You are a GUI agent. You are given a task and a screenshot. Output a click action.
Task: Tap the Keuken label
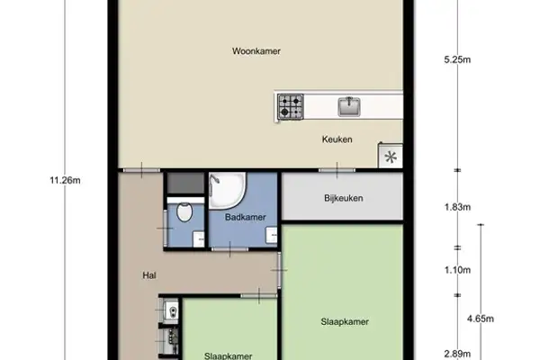pos(337,139)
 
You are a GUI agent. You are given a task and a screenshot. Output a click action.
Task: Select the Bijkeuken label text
pos(343,198)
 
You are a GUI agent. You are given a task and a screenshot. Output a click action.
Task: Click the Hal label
pos(149,276)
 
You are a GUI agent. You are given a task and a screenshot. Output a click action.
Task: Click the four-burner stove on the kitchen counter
pos(290,107)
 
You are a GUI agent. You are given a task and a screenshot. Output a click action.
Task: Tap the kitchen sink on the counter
pos(349,107)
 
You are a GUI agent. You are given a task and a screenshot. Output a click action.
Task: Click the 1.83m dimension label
pos(457,207)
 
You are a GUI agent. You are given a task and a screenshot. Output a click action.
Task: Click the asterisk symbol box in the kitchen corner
pos(391,157)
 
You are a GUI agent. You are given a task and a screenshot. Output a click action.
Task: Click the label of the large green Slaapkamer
pos(344,320)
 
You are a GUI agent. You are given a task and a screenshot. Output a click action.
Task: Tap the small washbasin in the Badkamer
pos(271,235)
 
